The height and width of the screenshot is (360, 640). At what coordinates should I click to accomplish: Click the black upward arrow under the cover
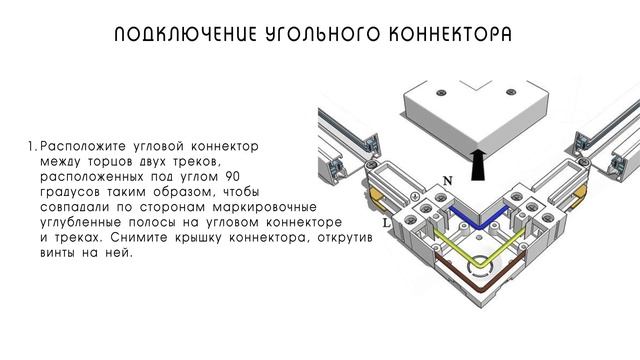[x=479, y=160]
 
